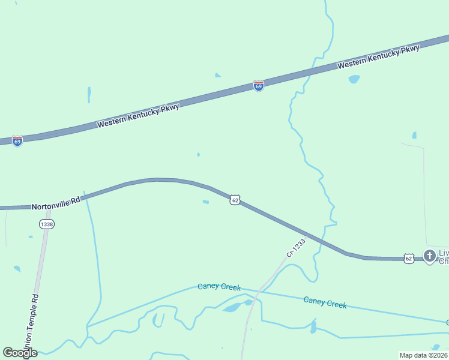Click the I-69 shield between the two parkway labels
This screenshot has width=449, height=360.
coord(258,86)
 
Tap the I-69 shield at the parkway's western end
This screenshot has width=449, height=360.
coord(17,141)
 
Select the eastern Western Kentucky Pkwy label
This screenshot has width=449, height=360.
coord(378,57)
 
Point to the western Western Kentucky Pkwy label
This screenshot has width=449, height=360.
coord(138,114)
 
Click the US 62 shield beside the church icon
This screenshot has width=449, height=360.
coord(409,258)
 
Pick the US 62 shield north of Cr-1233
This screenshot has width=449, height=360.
coord(235,200)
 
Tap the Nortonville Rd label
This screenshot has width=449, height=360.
coord(56,205)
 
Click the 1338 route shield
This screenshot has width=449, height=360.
coord(46,224)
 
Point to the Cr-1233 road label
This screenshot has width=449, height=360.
coord(295,248)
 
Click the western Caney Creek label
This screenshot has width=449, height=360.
coord(219,287)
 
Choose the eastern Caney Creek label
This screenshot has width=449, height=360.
coord(325,302)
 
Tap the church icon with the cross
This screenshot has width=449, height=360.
coord(429,256)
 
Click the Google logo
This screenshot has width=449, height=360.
coord(20,352)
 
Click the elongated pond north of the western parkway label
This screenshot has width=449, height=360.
coord(89,95)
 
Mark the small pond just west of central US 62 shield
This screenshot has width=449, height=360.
coord(206,202)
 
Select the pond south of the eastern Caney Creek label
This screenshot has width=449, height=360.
coord(313,327)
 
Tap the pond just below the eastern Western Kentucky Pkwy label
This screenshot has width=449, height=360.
coord(354,79)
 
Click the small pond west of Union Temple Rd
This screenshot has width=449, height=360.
coord(17,269)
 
